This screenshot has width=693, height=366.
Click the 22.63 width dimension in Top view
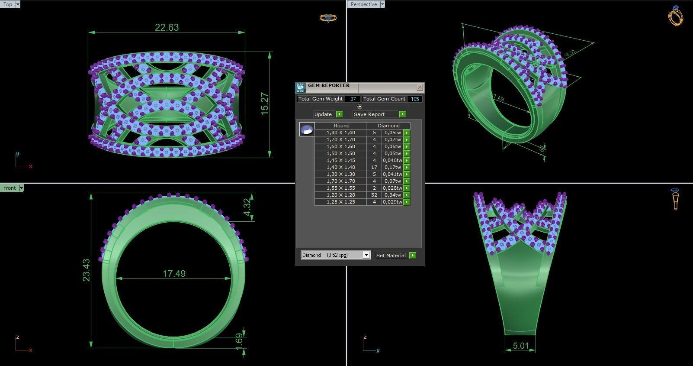point(167,27)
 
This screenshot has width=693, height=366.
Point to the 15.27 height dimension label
point(265,104)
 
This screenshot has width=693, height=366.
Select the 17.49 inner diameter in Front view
point(174,274)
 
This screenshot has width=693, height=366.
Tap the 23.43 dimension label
point(86,270)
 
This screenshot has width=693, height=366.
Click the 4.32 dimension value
point(247,207)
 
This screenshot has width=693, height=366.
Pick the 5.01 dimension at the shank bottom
point(520,346)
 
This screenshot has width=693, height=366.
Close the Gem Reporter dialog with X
point(419,87)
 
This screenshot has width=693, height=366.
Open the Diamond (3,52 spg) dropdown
point(336,255)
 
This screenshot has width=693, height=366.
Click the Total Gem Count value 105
point(415,99)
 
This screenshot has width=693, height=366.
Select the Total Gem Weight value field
point(352,99)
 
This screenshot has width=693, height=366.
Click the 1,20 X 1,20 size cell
point(340,195)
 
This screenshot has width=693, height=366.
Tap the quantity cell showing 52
point(374,195)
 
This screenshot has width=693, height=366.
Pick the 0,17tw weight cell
point(392,167)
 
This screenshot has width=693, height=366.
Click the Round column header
point(341,126)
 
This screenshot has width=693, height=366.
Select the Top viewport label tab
point(8,4)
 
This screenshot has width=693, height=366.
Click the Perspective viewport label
point(363,4)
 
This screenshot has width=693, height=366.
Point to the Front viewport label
point(10,188)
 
